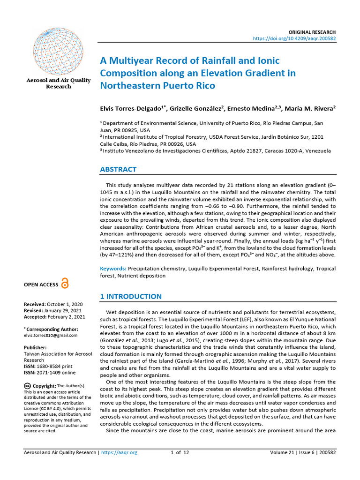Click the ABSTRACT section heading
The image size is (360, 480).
[x=119, y=169]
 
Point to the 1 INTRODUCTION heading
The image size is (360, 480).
[x=131, y=297]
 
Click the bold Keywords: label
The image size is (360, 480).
[x=113, y=269]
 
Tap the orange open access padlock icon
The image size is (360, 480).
[x=65, y=284]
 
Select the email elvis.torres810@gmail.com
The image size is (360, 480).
[x=51, y=336]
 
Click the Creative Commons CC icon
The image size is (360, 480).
[x=27, y=385]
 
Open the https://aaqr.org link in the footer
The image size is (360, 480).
[x=119, y=453]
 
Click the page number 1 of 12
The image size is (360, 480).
[x=180, y=453]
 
